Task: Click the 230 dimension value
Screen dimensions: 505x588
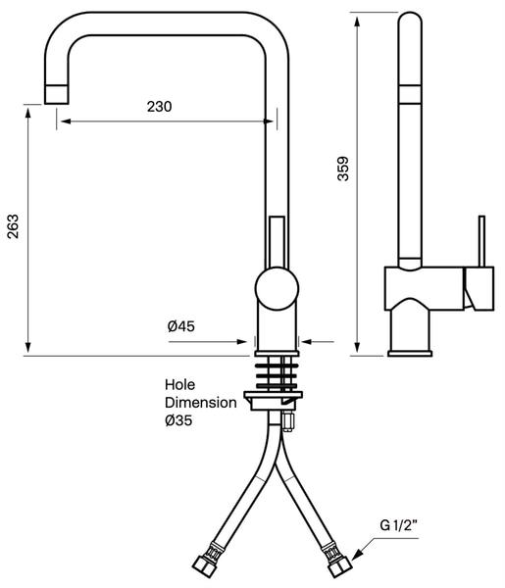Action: pos(160,107)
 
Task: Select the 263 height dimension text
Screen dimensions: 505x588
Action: pos(13,226)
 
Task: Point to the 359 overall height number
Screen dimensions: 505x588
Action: pos(343,169)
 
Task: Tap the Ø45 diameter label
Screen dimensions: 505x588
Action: pos(181,326)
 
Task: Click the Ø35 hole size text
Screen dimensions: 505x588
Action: pos(178,420)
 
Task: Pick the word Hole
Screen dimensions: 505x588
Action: pos(180,385)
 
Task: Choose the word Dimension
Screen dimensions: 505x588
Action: pos(201,403)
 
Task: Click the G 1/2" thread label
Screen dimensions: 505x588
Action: pos(399,525)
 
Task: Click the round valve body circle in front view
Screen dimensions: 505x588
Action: pos(277,288)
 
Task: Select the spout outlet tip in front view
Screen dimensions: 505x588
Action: pos(56,94)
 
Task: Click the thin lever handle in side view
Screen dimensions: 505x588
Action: pos(481,241)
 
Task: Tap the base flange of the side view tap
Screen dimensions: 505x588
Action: pos(410,353)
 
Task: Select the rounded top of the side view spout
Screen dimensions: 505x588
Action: pos(410,18)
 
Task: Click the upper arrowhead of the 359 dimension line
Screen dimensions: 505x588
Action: pos(357,21)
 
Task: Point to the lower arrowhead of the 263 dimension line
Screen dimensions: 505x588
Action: pos(27,347)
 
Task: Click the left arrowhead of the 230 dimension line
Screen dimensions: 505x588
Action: pos(66,122)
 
